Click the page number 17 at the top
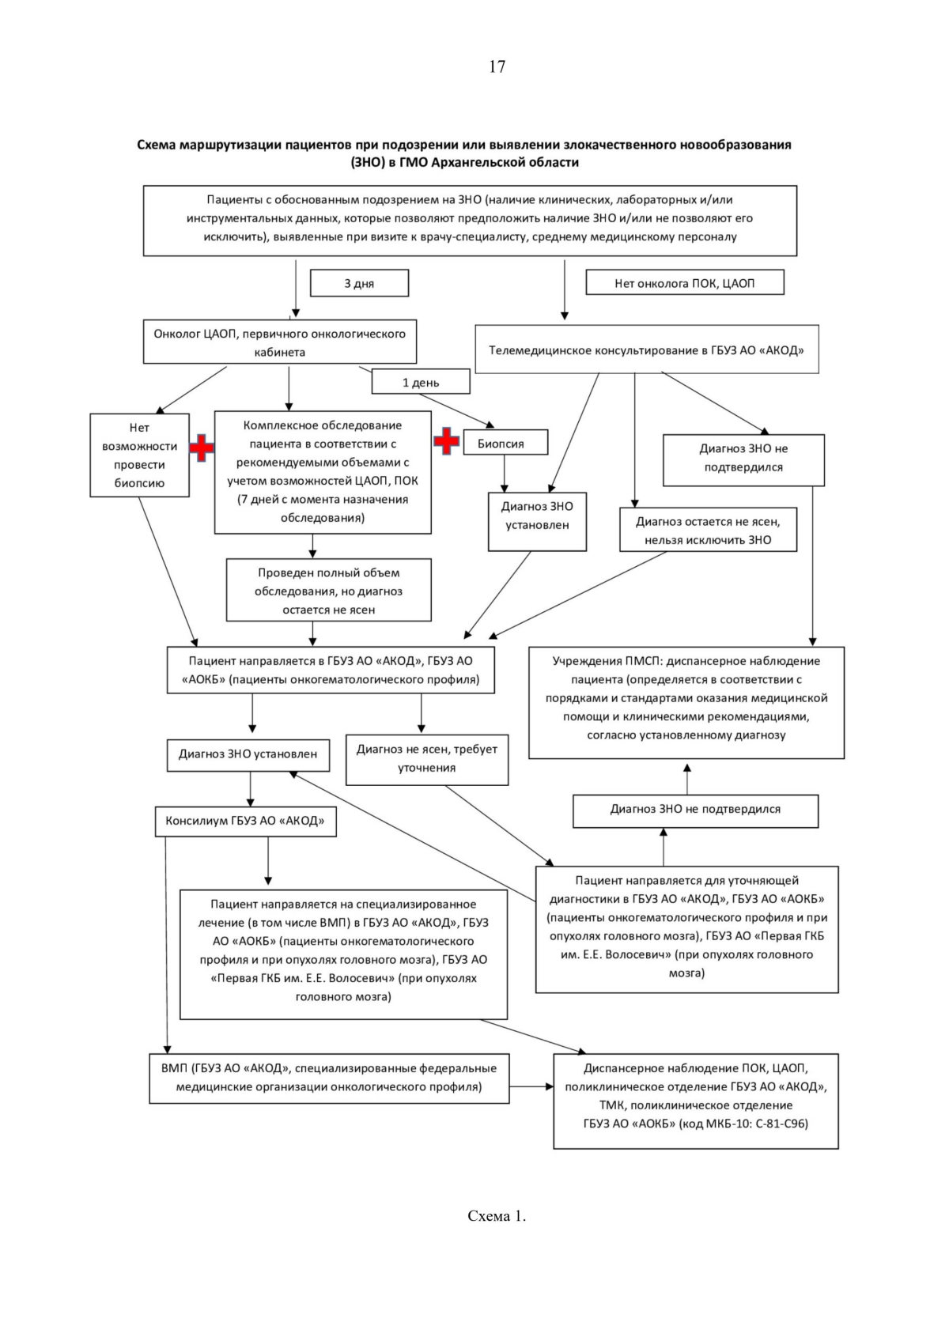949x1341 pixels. (x=497, y=67)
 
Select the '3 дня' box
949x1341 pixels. (x=359, y=283)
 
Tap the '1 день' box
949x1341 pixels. (x=421, y=383)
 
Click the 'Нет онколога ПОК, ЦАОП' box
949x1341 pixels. (x=684, y=283)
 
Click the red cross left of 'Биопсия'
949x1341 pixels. (x=447, y=441)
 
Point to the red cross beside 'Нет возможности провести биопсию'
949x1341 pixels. (x=202, y=448)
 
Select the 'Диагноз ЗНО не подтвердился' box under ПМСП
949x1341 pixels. (x=695, y=810)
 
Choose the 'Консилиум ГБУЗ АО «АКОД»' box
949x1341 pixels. (x=245, y=821)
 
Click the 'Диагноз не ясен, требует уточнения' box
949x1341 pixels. (x=427, y=759)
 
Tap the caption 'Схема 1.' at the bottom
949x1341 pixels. (x=497, y=1216)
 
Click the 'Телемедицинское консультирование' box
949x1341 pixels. (x=646, y=349)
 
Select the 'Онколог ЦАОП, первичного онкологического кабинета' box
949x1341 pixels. (x=279, y=342)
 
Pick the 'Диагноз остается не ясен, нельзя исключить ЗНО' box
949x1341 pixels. (x=708, y=531)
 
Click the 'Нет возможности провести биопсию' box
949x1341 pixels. (x=139, y=455)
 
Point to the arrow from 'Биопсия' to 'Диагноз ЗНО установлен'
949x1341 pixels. (x=505, y=474)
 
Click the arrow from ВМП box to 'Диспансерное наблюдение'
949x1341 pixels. (x=531, y=1086)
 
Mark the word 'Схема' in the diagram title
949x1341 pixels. (x=157, y=145)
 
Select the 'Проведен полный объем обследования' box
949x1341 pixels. (x=328, y=591)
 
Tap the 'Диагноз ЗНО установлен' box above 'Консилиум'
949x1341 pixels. (x=248, y=754)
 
